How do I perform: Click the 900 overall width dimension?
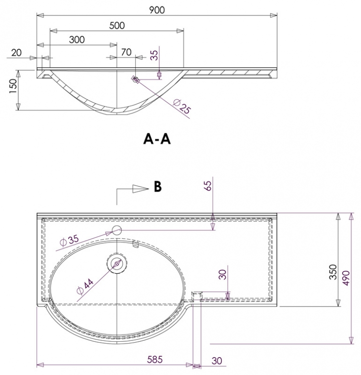[x=157, y=10]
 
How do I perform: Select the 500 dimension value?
[x=117, y=26]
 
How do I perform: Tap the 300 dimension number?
[x=77, y=40]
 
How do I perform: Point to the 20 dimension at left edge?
[x=16, y=53]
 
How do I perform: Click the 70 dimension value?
[x=126, y=52]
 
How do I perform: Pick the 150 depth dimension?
[x=13, y=86]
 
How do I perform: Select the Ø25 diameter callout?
[x=182, y=106]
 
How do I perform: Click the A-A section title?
[x=157, y=139]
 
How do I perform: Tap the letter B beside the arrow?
[x=158, y=187]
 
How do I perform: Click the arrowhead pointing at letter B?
[x=141, y=188]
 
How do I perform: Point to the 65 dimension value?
[x=208, y=186]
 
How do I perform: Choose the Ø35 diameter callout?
[x=70, y=241]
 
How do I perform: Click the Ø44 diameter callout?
[x=85, y=286]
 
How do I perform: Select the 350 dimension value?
[x=333, y=272]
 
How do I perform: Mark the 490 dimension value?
[x=346, y=278]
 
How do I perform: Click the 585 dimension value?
[x=155, y=360]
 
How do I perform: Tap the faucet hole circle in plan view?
[x=117, y=230]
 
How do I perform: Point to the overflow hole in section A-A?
[x=136, y=79]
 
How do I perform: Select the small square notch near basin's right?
[x=197, y=296]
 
